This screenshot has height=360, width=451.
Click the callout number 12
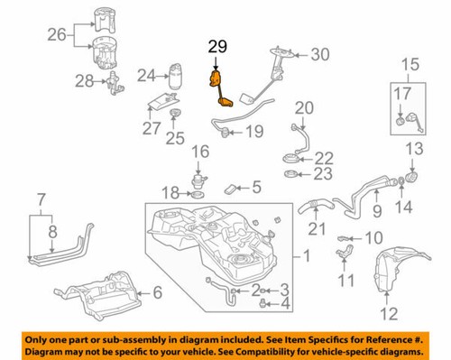tap(389, 314)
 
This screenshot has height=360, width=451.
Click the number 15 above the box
tap(410, 64)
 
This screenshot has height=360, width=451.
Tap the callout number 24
tap(147, 75)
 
